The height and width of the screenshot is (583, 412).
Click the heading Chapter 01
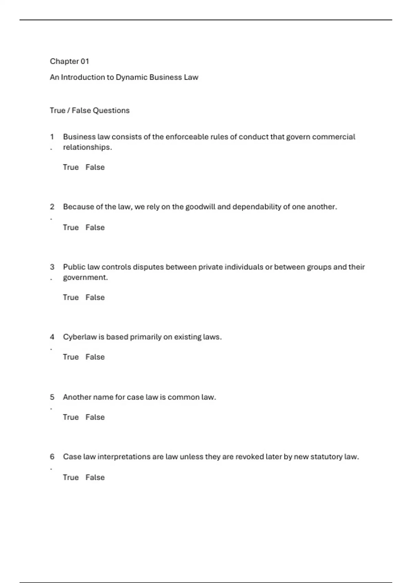69,61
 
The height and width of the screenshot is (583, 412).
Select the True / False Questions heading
90,110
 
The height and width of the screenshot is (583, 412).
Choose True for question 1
71,167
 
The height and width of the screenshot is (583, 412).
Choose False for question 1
95,167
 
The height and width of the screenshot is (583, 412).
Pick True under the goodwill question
71,228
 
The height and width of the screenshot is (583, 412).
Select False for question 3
95,298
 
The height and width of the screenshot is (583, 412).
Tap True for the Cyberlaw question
71,357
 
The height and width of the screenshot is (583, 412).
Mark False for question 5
95,417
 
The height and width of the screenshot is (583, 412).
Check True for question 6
71,477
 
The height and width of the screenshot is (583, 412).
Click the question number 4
52,337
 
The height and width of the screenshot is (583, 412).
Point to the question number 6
52,457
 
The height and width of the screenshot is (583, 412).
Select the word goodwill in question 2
200,207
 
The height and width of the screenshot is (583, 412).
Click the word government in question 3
85,277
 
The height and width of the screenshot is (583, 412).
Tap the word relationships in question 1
87,147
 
